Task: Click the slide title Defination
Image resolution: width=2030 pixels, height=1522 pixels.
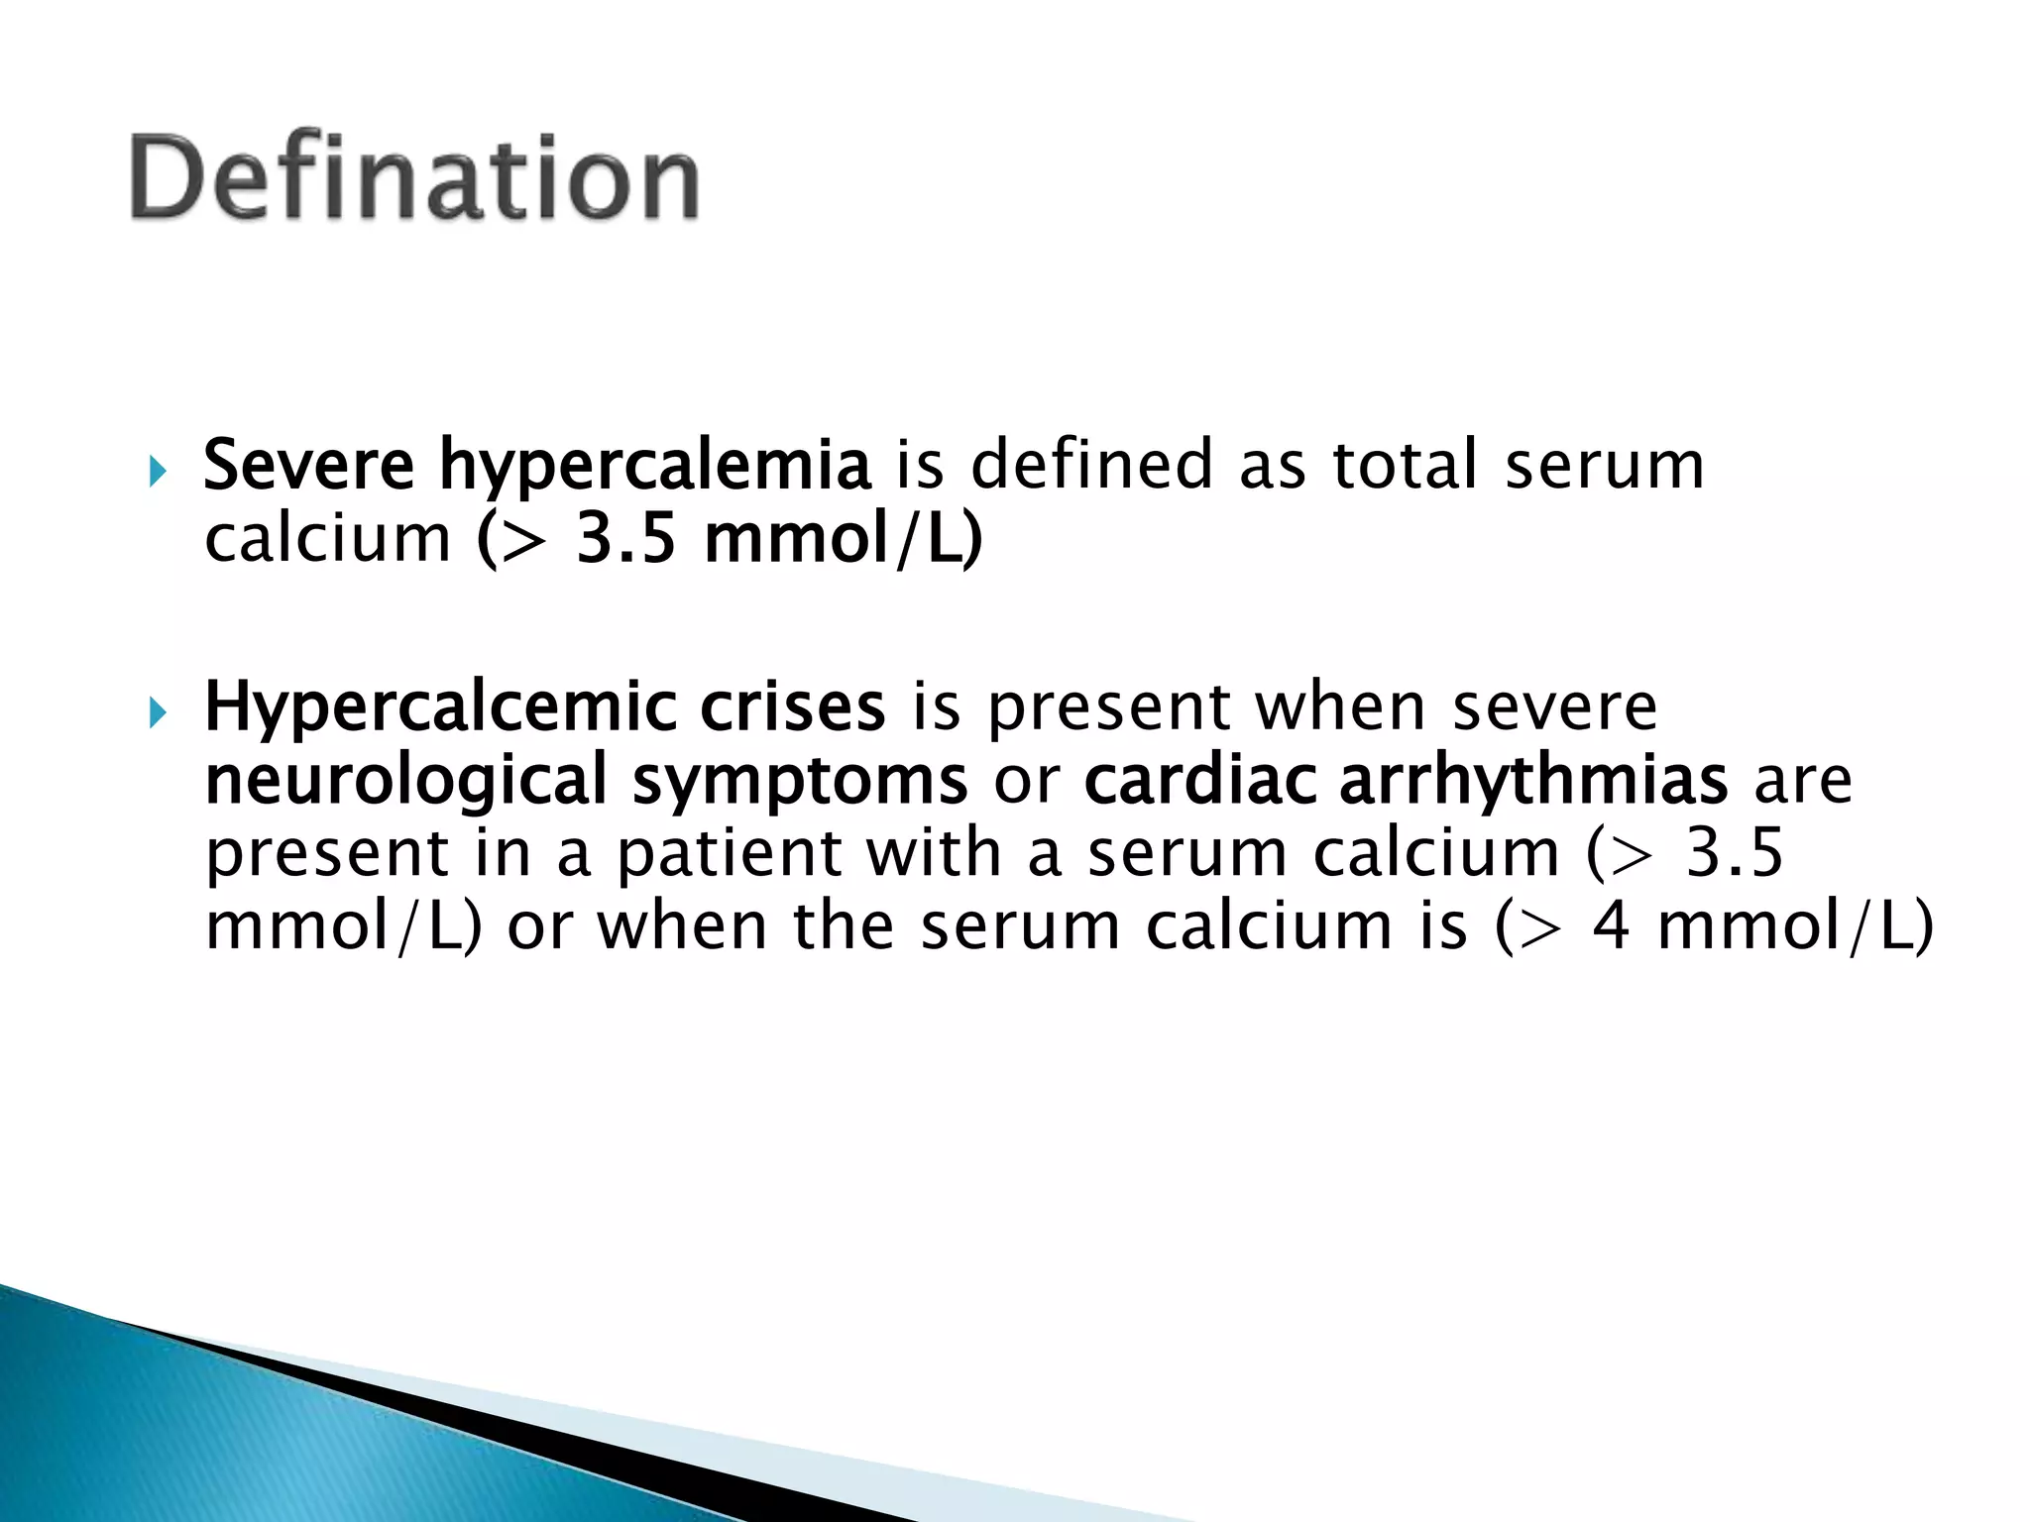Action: pyautogui.click(x=414, y=178)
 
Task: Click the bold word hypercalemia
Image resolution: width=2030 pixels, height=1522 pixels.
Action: pyautogui.click(x=655, y=465)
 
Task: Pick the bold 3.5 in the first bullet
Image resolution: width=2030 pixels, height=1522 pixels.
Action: pyautogui.click(x=626, y=539)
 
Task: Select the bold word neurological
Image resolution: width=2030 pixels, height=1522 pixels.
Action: pyautogui.click(x=405, y=781)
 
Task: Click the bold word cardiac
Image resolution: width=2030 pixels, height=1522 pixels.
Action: pyautogui.click(x=1199, y=780)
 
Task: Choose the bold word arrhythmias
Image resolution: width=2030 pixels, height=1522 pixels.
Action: pyautogui.click(x=1533, y=780)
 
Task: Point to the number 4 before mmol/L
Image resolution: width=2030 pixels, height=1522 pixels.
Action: pyautogui.click(x=1611, y=926)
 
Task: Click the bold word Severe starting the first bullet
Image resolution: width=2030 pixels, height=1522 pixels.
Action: pyautogui.click(x=308, y=465)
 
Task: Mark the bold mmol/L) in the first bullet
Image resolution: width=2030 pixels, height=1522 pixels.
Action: pyautogui.click(x=843, y=539)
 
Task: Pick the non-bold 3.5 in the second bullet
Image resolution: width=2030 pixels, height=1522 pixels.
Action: pyautogui.click(x=1735, y=853)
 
